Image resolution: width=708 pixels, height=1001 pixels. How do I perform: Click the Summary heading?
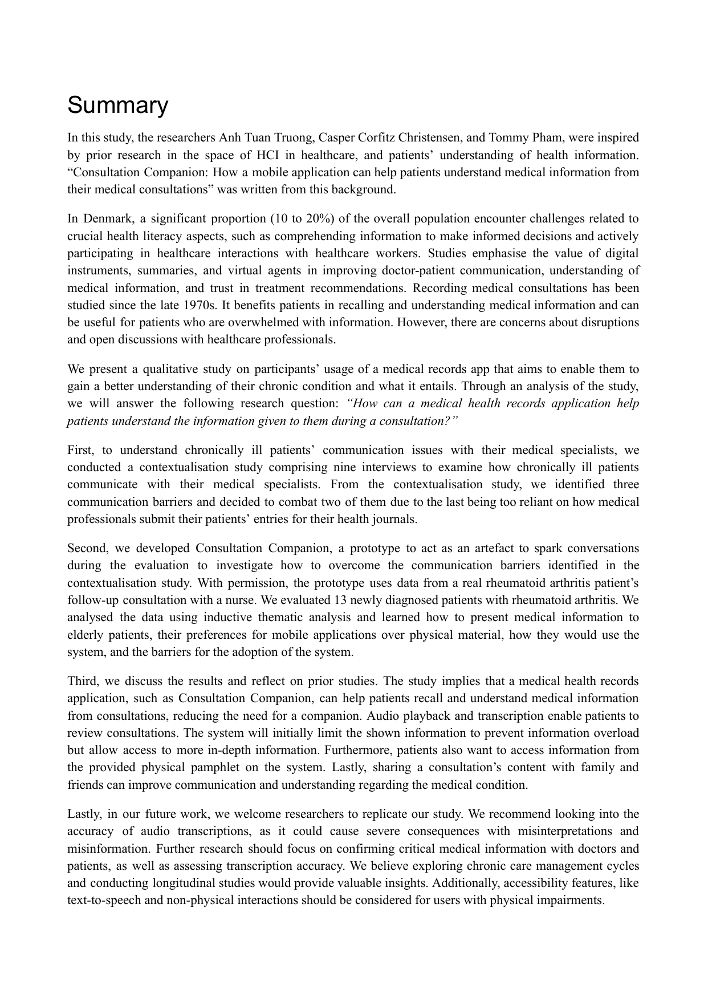coord(118,106)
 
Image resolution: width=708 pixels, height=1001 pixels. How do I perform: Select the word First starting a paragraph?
coord(80,450)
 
